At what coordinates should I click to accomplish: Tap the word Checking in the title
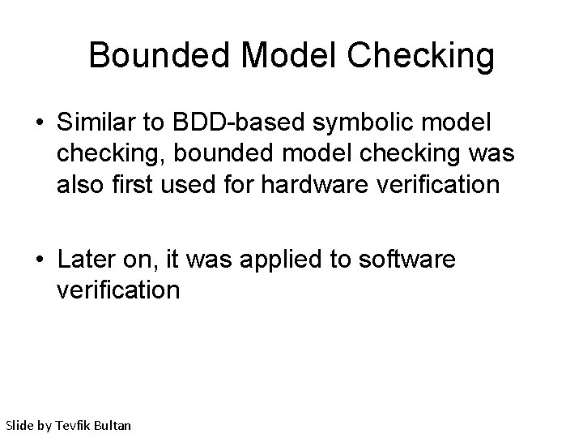click(x=421, y=56)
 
